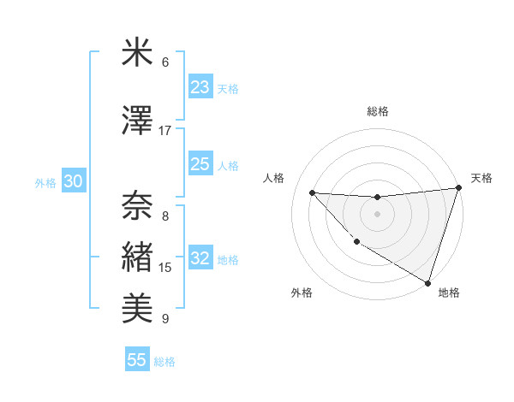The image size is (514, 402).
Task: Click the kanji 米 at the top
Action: point(137,53)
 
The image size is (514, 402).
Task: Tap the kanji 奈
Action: point(137,204)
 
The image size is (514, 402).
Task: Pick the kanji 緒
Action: point(137,256)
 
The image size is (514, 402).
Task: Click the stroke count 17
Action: point(165,131)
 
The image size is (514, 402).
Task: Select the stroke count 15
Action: point(165,268)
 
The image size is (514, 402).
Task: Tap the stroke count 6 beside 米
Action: point(165,62)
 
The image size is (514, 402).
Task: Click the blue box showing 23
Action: point(200,87)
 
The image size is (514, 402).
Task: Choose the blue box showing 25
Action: point(200,164)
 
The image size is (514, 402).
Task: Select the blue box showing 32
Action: point(200,258)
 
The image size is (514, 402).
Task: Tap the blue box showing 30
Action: point(73,181)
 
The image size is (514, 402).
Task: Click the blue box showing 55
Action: point(136,360)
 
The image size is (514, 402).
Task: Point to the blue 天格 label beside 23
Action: point(228,89)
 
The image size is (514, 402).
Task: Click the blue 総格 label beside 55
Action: point(164,362)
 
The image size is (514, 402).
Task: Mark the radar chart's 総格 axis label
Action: point(378,111)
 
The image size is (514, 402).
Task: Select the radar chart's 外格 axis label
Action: point(302,293)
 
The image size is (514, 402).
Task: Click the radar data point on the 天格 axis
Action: point(459,189)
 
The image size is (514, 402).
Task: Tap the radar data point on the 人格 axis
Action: point(312,192)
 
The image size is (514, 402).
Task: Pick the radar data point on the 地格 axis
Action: point(427,282)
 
